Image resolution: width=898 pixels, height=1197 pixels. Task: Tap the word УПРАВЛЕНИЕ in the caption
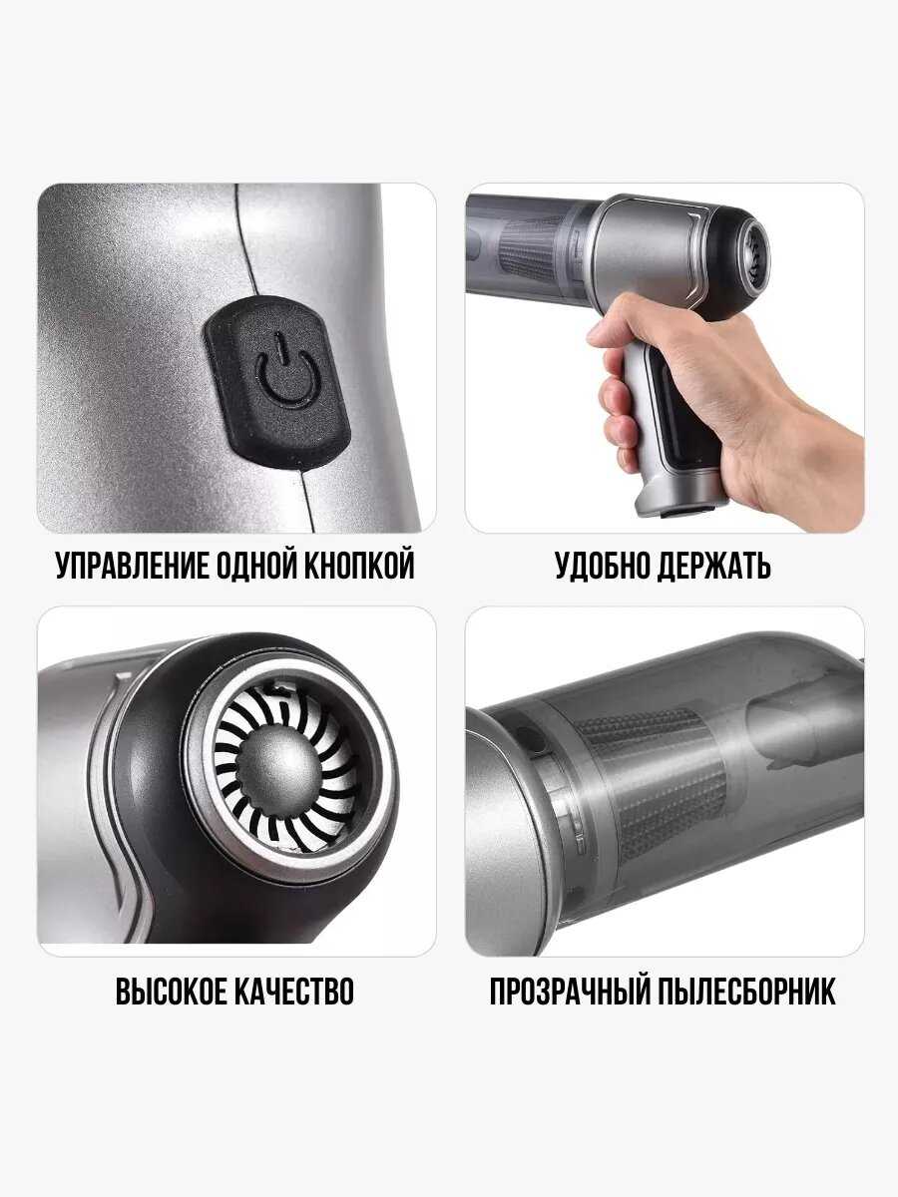(133, 566)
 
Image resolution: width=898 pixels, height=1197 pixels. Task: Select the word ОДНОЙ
(256, 566)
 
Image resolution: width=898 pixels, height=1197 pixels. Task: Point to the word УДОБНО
(602, 566)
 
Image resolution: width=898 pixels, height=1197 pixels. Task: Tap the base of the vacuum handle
(676, 495)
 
